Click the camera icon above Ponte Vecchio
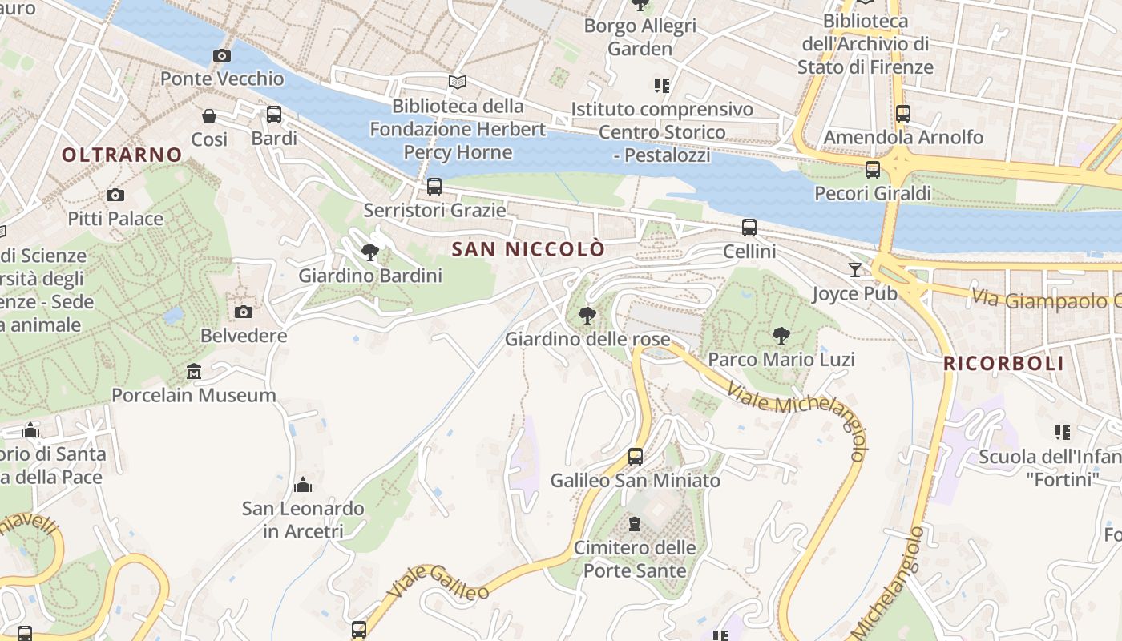coord(222,55)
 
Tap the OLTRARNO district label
coord(122,155)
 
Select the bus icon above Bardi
coord(274,115)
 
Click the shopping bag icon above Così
coord(209,116)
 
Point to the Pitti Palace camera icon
coord(115,195)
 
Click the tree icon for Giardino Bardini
coord(370,252)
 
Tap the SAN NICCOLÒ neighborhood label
coord(528,249)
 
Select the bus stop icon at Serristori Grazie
coord(434,187)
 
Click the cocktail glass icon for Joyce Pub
coord(855,270)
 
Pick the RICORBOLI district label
coord(1003,363)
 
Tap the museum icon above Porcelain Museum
coord(194,372)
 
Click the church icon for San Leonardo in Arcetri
coord(303,485)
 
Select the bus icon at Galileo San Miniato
coord(636,457)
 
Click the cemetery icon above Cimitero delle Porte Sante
coord(635,524)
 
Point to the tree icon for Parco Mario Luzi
coord(781,336)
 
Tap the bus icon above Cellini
coord(749,228)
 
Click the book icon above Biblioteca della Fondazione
coord(458,82)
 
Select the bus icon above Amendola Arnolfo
coord(903,114)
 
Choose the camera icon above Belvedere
coord(244,312)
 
